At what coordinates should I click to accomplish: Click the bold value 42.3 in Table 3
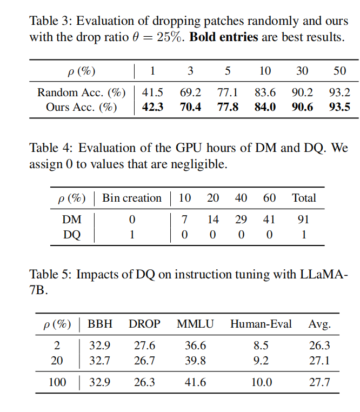coord(152,107)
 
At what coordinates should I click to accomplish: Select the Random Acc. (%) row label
coord(82,92)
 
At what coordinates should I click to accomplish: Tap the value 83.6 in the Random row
coord(265,92)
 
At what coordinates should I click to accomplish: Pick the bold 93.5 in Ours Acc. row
coord(339,107)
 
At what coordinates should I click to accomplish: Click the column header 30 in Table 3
coord(302,71)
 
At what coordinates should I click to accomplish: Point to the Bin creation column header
coord(132,198)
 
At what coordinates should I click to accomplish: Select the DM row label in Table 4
coord(72,220)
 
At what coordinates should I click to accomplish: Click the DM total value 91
coord(303,220)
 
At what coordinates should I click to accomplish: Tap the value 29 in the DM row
coord(241,220)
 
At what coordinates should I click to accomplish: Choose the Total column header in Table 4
coord(304,198)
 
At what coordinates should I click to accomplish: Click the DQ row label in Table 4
coord(72,235)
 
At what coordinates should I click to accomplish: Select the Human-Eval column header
coord(261,324)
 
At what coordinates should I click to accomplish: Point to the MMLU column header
coord(195,324)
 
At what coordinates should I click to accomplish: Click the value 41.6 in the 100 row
coord(195,382)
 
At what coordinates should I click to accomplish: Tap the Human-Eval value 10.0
coord(262,382)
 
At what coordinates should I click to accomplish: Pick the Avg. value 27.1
coord(319,361)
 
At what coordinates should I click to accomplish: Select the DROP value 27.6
coord(144,345)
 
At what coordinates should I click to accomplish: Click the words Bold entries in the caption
coord(224,37)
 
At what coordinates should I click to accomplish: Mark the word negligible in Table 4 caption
coord(199,164)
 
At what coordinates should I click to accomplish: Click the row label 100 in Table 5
coord(57,382)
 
